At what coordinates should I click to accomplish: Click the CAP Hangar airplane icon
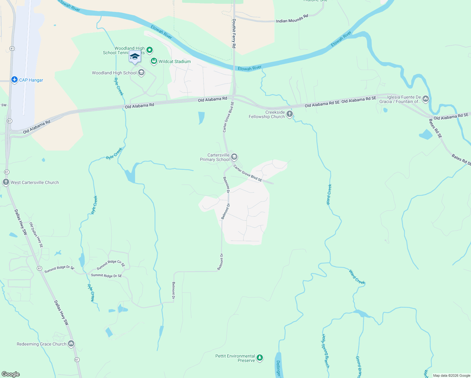(14, 80)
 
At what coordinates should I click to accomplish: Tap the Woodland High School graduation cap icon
(141, 73)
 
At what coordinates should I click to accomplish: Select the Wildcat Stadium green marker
(154, 61)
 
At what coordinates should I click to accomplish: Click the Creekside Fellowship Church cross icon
(290, 114)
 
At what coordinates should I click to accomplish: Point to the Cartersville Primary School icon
(234, 157)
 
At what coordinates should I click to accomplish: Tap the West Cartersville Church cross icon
(6, 182)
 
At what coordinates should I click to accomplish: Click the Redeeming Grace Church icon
(71, 344)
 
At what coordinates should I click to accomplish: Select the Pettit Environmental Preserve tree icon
(260, 358)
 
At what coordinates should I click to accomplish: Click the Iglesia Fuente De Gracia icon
(426, 99)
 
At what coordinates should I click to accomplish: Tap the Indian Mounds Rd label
(292, 19)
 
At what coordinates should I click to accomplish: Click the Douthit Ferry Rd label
(234, 33)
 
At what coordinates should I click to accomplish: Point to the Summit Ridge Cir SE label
(111, 265)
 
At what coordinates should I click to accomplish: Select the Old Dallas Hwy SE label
(36, 235)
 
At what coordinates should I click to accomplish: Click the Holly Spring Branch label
(326, 351)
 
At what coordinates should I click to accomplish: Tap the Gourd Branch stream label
(359, 366)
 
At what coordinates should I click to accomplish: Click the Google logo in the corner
(11, 374)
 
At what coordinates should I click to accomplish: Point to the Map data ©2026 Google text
(451, 375)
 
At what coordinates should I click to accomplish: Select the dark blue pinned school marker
(135, 57)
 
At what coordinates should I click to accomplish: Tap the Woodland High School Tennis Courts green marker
(150, 50)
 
